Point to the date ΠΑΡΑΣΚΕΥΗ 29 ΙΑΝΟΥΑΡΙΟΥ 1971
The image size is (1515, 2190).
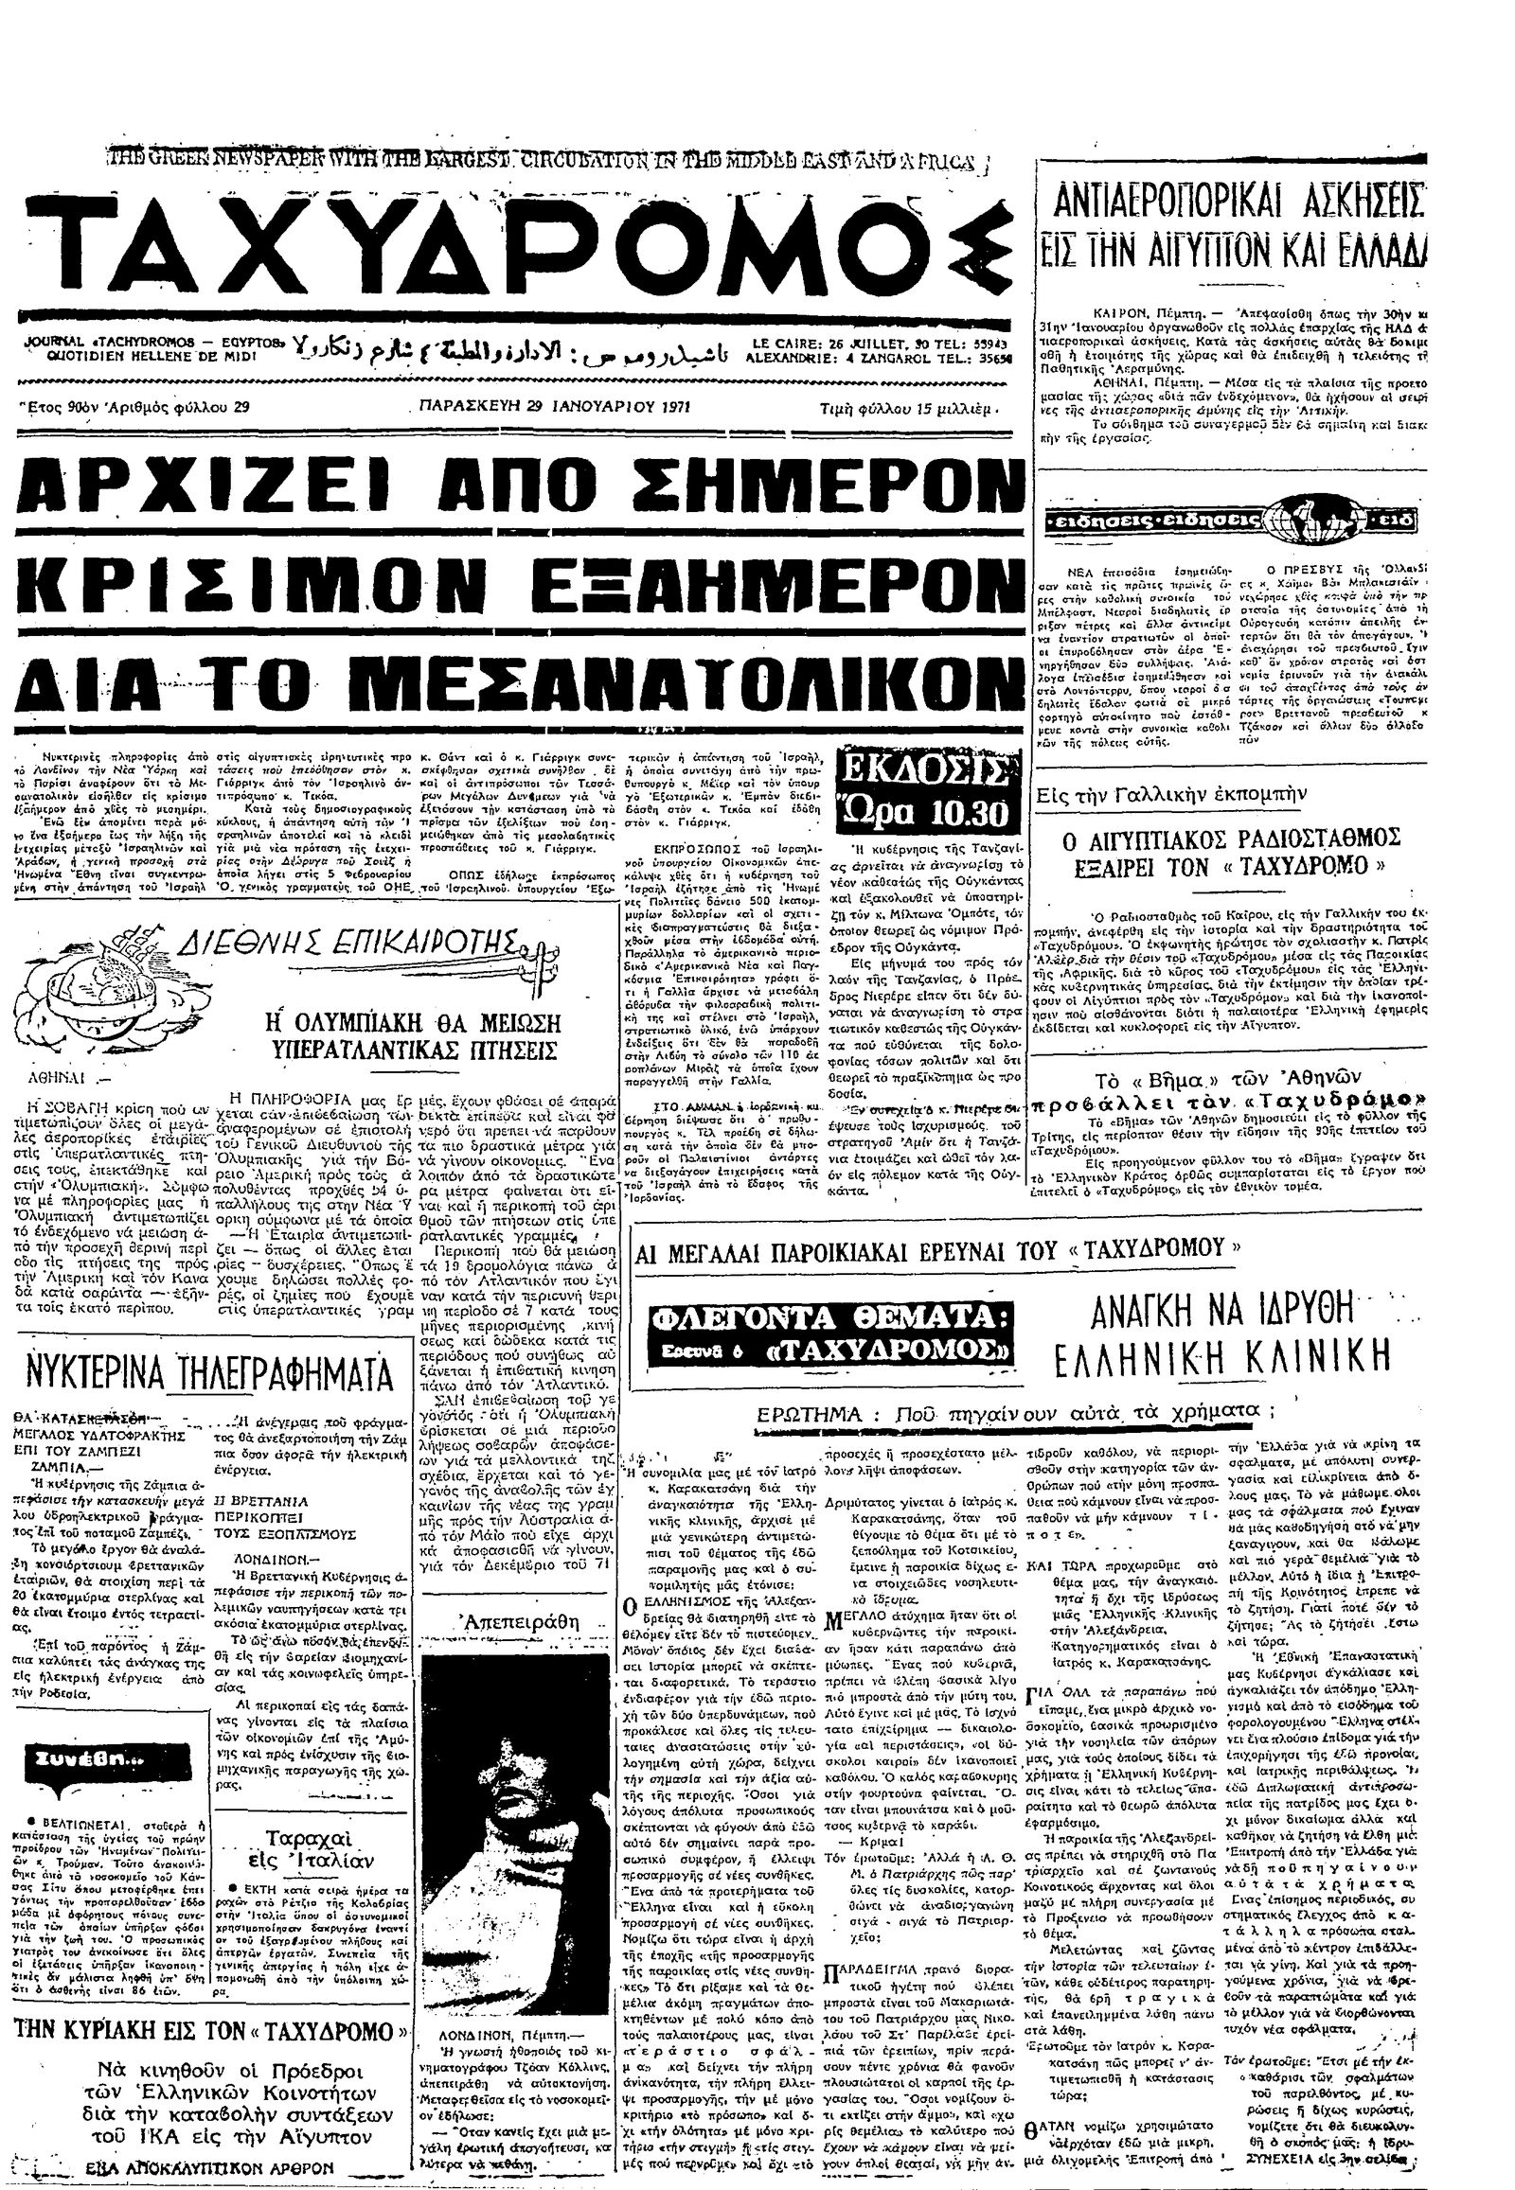pyautogui.click(x=552, y=407)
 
